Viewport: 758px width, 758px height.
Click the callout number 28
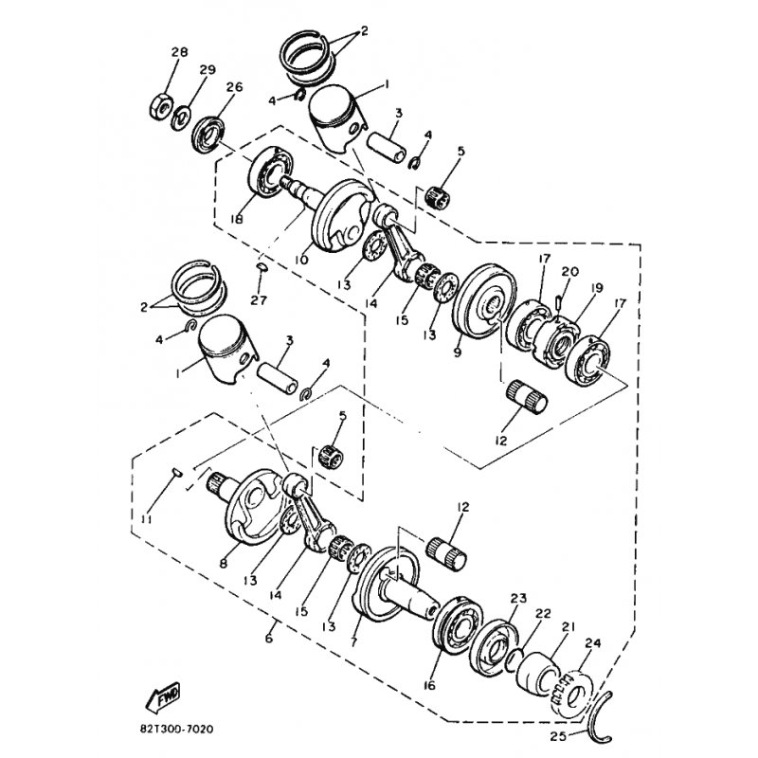point(179,52)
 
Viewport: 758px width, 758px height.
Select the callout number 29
point(208,69)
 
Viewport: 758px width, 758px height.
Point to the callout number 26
point(234,87)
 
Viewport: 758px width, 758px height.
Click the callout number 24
point(593,643)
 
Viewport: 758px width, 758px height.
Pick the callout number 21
point(568,627)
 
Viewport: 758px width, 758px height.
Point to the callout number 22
point(543,613)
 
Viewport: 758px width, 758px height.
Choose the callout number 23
point(517,599)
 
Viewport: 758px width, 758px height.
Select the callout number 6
point(269,639)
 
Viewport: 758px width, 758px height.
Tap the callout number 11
point(146,519)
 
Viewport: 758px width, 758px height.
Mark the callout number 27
point(259,300)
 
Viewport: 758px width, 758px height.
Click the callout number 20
point(569,272)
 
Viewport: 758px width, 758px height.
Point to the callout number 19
point(596,288)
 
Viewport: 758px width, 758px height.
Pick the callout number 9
point(458,352)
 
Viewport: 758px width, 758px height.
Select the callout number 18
point(236,220)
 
